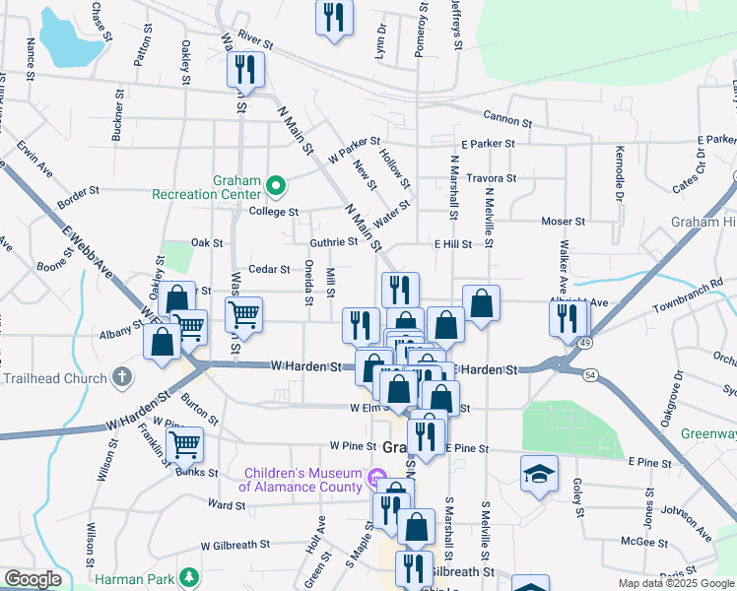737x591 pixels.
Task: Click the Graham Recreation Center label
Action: tap(205, 187)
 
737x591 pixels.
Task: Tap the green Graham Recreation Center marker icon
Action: tap(277, 183)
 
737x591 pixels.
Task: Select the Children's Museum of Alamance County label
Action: tap(301, 479)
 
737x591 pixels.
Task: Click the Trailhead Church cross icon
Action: tap(121, 377)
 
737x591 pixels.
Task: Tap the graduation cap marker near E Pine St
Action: tap(538, 474)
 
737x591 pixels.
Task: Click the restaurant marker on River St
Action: tap(244, 69)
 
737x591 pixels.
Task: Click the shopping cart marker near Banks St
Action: tap(184, 444)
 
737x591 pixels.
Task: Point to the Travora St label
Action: tap(492, 178)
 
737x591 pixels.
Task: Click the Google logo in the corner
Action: tap(32, 578)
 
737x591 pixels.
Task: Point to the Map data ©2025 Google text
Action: tap(676, 583)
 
